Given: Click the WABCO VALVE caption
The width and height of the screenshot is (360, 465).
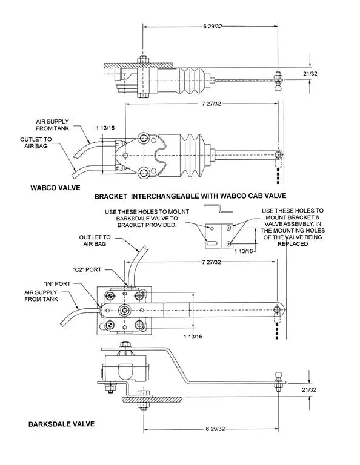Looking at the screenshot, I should click(55, 188).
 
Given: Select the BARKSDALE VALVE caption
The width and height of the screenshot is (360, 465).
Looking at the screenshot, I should click(61, 424).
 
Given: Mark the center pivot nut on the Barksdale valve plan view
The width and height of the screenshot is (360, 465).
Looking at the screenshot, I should click(125, 310).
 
